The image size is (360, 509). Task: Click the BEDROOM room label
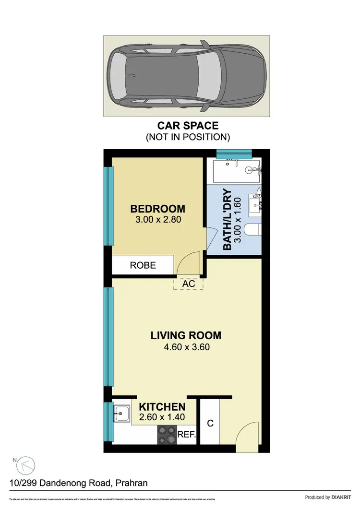point(157,209)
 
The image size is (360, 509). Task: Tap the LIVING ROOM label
point(186,335)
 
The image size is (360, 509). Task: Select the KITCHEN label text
point(162,407)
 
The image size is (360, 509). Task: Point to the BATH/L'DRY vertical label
point(228,220)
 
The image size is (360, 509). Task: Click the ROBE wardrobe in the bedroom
point(143,265)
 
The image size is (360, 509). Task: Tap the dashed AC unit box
point(189,284)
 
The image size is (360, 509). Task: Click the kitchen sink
point(122,413)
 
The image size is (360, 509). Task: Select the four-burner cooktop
point(168,435)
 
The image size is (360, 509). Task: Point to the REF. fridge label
point(187,436)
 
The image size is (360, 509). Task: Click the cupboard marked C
point(209,423)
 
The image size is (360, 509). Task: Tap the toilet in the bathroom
point(252,231)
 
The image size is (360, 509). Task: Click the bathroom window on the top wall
point(234,154)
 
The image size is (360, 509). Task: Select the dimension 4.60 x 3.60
point(186,347)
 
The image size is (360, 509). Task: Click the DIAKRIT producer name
point(344,497)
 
